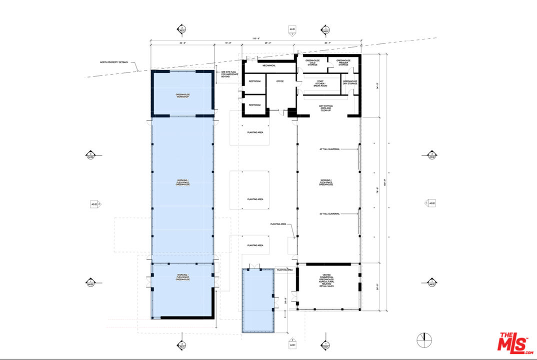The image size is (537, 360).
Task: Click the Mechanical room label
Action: coord(269,65)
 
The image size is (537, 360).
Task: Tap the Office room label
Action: coord(280,81)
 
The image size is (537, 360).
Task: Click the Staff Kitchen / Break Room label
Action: coord(319,83)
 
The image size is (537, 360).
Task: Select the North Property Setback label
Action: coord(113,62)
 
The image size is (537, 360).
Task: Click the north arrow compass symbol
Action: coord(424,340)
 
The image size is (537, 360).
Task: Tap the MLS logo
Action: coord(514,342)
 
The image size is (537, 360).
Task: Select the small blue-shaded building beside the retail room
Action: coord(258,300)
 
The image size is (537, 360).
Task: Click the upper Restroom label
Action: coord(255,81)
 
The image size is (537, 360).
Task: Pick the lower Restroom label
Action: coord(255,105)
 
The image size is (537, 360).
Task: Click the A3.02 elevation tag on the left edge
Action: coord(94,204)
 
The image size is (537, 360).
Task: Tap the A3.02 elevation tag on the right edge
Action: coord(430,203)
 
